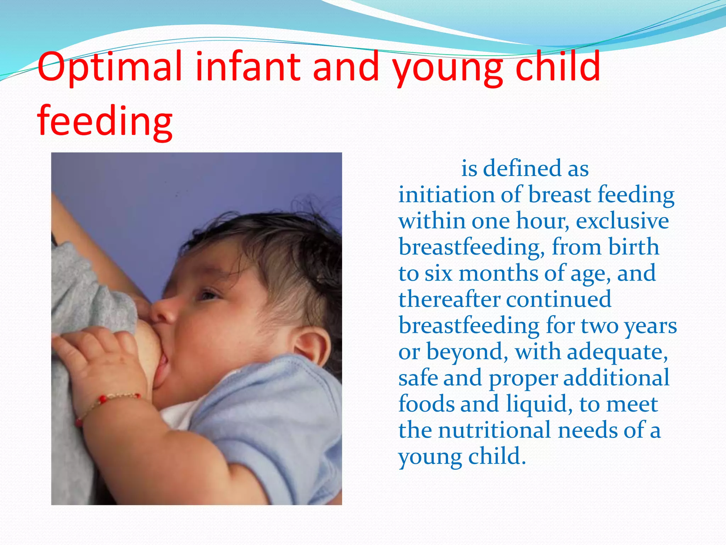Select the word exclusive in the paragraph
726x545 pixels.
pyautogui.click(x=622, y=221)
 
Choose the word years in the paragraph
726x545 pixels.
pyautogui.click(x=650, y=326)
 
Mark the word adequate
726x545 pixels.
pyautogui.click(x=617, y=352)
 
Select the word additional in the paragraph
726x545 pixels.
pyautogui.click(x=616, y=378)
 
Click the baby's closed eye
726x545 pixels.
pyautogui.click(x=209, y=294)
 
